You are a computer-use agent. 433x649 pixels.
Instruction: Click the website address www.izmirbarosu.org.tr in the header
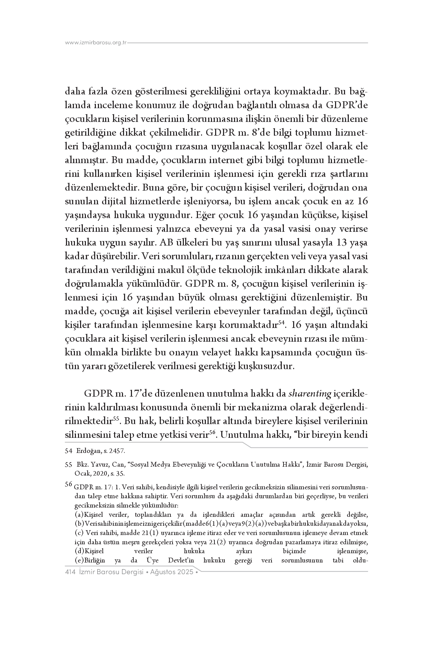click(x=96, y=43)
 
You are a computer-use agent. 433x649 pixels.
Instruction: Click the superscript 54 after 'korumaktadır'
click(x=282, y=322)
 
